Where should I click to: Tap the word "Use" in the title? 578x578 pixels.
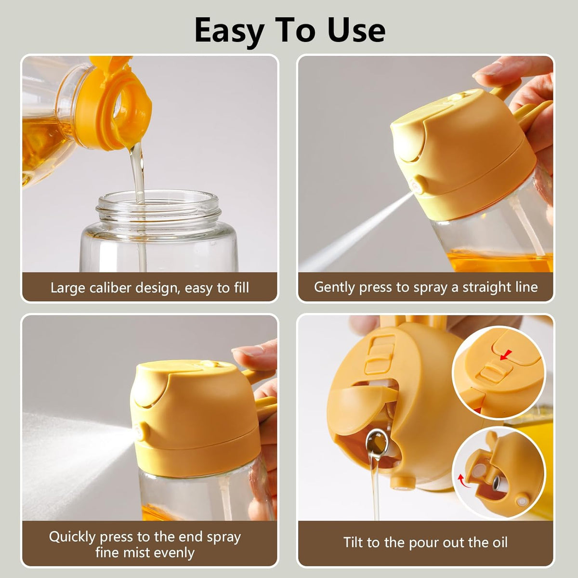(356, 30)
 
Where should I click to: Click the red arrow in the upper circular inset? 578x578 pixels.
(505, 355)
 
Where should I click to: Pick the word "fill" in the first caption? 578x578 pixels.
(241, 288)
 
